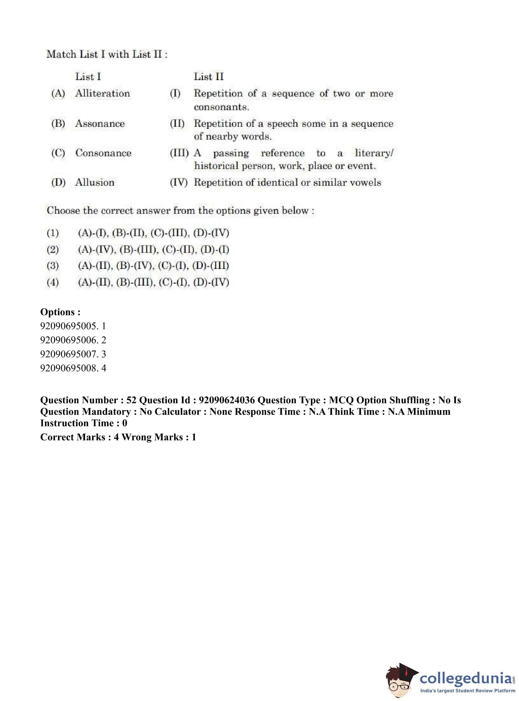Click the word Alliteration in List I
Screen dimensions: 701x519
point(102,93)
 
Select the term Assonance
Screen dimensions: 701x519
point(100,123)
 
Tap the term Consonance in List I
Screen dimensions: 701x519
point(103,153)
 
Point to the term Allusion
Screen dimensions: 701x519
point(95,183)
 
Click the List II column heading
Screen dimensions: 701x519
point(209,76)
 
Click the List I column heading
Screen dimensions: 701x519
point(88,76)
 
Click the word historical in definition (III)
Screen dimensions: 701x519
point(217,166)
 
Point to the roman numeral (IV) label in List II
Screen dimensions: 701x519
point(178,183)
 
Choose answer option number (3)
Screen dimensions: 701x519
point(53,266)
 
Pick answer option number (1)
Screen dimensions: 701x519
point(53,233)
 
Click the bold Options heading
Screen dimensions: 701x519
point(60,312)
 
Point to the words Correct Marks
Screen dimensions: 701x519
point(73,437)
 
